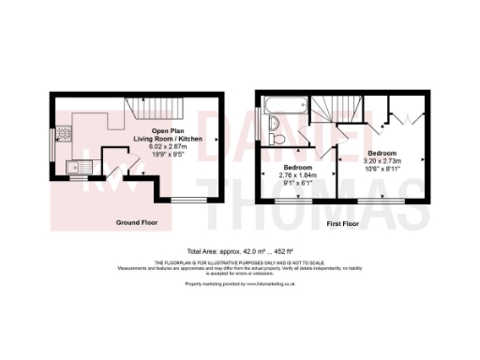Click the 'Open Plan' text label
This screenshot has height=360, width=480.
pyautogui.click(x=165, y=132)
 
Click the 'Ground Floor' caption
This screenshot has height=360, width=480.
pyautogui.click(x=136, y=223)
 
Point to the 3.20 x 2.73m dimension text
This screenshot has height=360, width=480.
pyautogui.click(x=382, y=161)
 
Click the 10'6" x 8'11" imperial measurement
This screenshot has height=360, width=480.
pyautogui.click(x=382, y=169)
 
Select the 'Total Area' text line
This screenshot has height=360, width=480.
pyautogui.click(x=240, y=251)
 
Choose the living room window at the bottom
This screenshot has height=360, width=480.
pyautogui.click(x=186, y=200)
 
